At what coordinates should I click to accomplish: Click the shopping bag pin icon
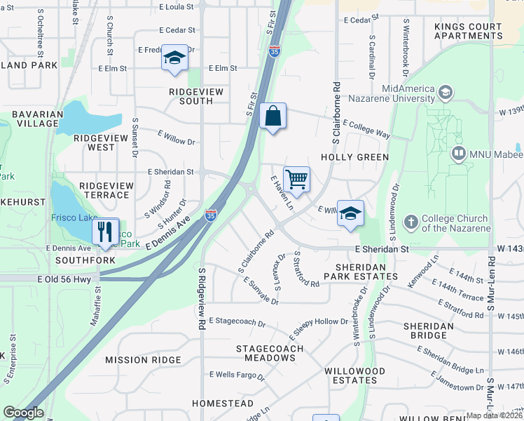tap(273, 116)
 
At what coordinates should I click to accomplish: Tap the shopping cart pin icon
tap(297, 180)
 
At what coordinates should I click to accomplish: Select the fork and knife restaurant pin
tap(105, 231)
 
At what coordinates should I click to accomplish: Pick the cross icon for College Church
tap(411, 222)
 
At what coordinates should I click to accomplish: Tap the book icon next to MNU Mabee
tap(459, 153)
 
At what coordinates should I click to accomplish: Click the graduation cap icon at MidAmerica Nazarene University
tap(444, 93)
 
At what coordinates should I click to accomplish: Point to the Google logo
tap(23, 413)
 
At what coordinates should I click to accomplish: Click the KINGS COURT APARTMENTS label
tap(468, 32)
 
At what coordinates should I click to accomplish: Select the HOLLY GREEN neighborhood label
tap(354, 157)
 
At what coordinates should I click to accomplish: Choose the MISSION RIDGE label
tap(137, 359)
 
